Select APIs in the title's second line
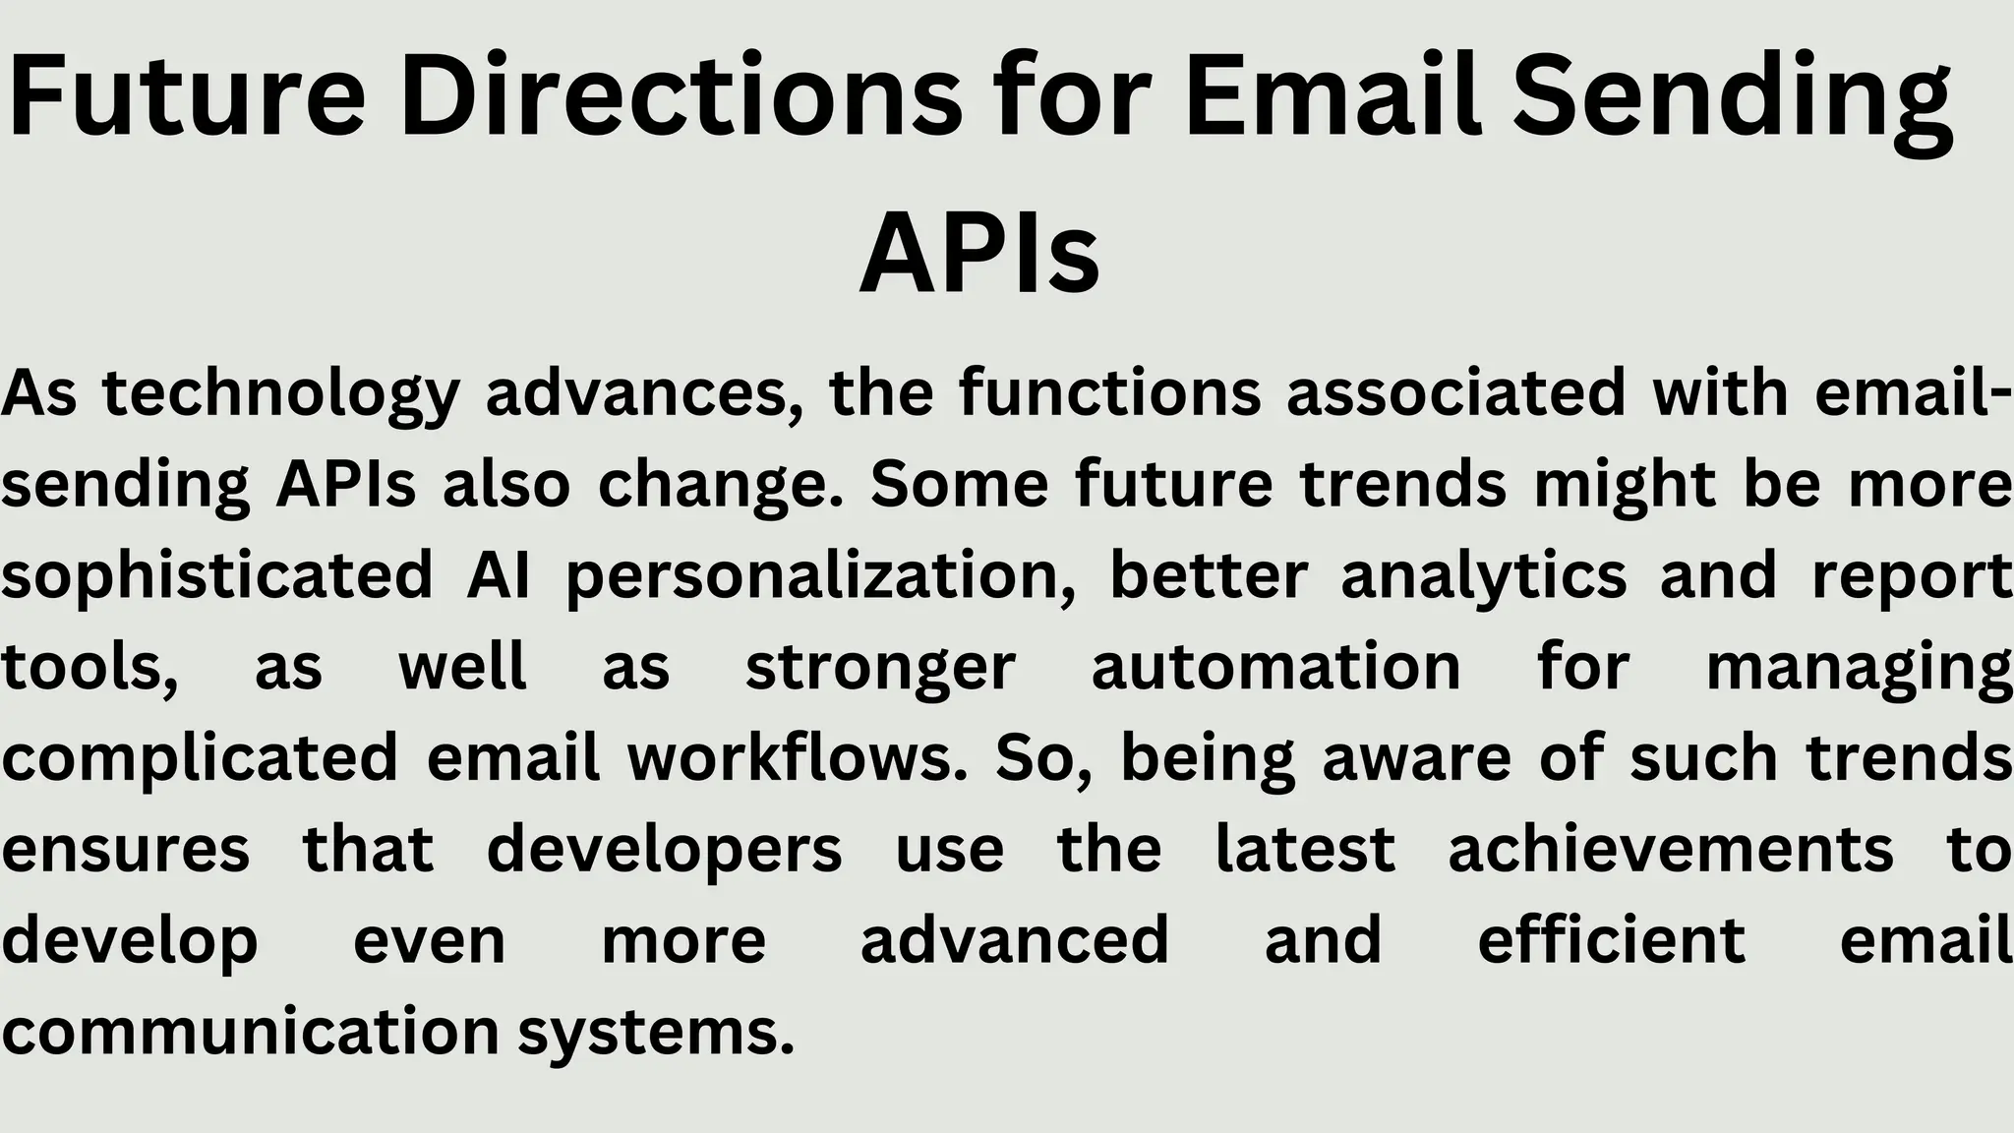tap(979, 254)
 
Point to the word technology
tap(281, 393)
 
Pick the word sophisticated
tap(217, 575)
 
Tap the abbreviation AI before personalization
tap(499, 574)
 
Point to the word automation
tap(1276, 666)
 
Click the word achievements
tap(1671, 849)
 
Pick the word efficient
tap(1612, 939)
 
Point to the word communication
tap(252, 1031)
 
